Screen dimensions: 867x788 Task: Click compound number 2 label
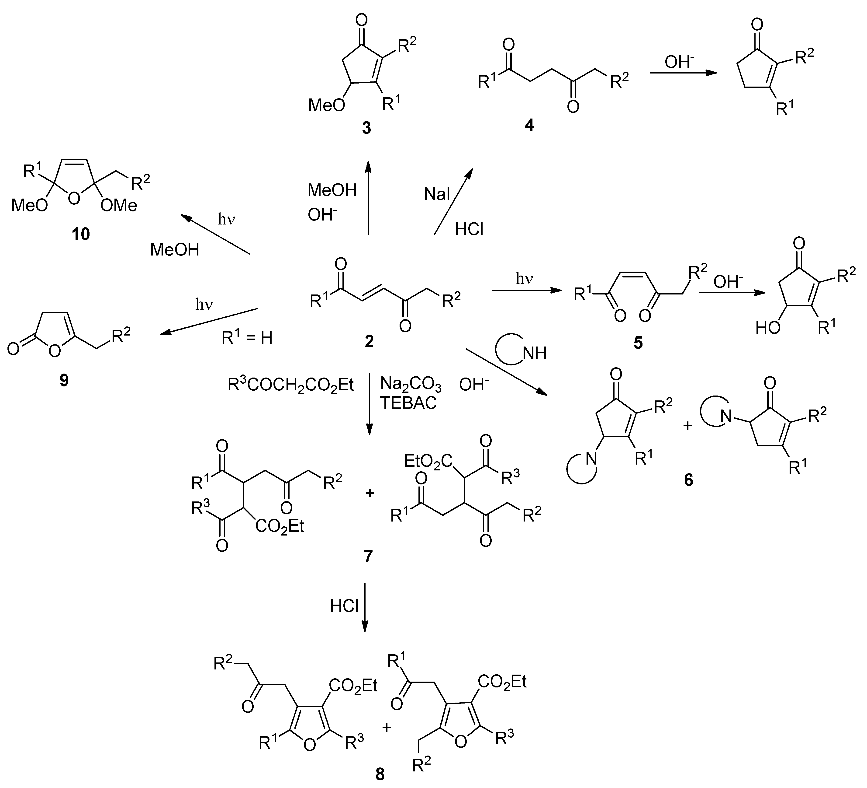tap(369, 341)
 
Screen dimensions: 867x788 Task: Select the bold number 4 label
tap(529, 125)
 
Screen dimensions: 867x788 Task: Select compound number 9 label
tap(64, 380)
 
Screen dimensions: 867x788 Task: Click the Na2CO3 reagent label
tap(411, 385)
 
